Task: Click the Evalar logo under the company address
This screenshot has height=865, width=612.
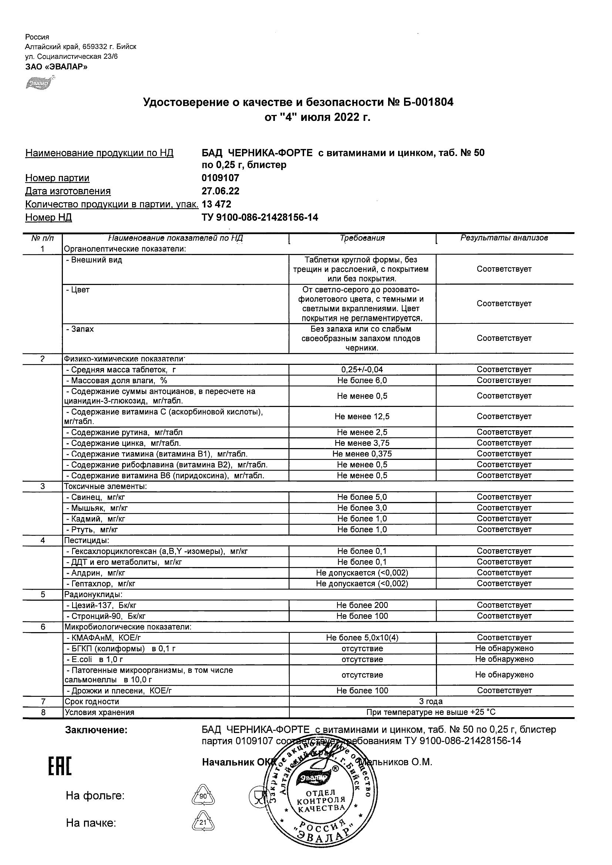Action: pos(39,83)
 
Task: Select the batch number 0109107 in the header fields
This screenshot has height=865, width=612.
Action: pos(221,178)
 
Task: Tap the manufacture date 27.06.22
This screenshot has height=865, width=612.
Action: pos(221,191)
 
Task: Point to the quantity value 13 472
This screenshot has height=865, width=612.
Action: pos(216,204)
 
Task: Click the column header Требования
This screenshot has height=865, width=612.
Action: pos(362,238)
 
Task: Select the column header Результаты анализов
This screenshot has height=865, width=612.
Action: pos(504,238)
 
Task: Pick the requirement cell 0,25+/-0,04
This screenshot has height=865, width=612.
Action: pos(362,370)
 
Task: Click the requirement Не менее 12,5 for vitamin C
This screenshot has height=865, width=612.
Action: pos(362,416)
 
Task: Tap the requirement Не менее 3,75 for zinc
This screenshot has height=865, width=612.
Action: pos(362,443)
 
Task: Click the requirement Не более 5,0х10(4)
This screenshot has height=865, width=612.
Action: pos(362,638)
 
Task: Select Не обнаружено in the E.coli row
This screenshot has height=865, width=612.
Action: pos(504,659)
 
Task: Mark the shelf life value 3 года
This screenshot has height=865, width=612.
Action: pos(431,702)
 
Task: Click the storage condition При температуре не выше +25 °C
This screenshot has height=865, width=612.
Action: pos(431,712)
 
